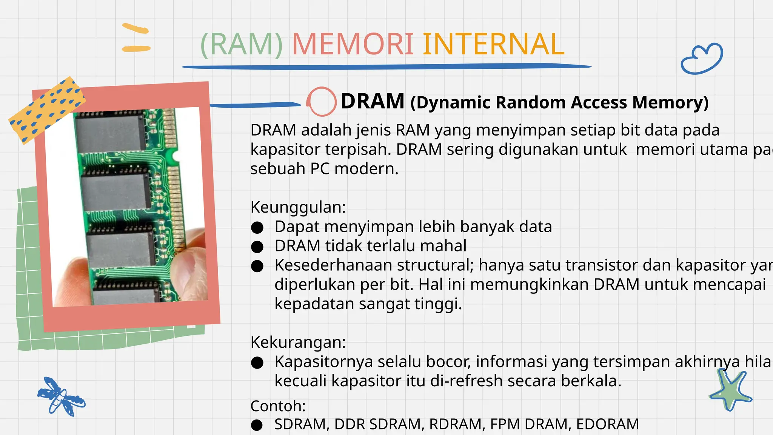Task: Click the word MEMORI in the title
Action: tap(353, 44)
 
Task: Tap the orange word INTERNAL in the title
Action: tap(493, 44)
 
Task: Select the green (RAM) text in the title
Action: tap(242, 45)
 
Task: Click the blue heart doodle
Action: tap(702, 59)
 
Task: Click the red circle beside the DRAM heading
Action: tap(321, 101)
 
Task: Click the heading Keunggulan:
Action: tap(298, 207)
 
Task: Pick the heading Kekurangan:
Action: tap(298, 342)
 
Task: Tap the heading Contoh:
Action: tap(278, 406)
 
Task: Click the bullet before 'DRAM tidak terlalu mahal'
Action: tap(257, 247)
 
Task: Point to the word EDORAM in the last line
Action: tap(607, 424)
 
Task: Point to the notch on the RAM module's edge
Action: tap(176, 156)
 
